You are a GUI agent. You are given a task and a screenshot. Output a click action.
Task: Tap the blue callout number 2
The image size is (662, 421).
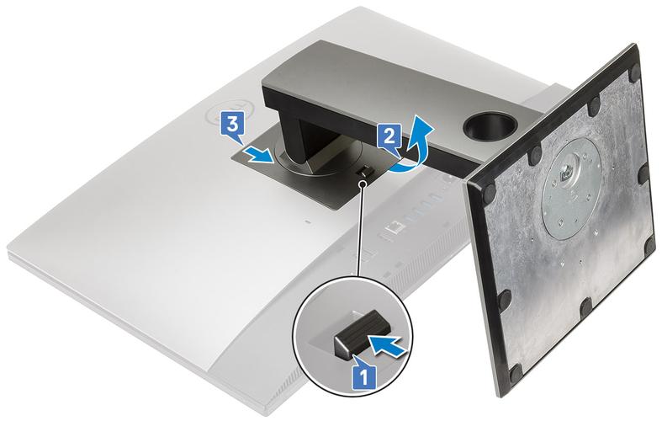(389, 136)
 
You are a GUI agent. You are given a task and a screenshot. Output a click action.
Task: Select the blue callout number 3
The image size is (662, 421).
(232, 125)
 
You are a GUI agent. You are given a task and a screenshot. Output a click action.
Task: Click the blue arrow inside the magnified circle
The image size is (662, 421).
(389, 342)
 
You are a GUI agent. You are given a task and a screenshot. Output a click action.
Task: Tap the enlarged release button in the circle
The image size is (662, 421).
(357, 332)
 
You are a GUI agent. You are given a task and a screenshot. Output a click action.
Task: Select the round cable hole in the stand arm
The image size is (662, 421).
(490, 125)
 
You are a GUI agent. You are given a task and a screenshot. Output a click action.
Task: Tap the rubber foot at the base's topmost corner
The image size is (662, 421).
(634, 73)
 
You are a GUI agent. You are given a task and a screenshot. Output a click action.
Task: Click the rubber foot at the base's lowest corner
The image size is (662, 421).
(516, 374)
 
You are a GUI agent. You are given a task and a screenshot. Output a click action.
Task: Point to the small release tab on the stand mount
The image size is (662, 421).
(363, 172)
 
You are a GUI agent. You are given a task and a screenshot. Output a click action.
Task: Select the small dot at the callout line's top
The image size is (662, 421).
(363, 184)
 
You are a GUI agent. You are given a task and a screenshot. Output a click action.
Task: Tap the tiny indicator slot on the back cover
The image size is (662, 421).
(307, 221)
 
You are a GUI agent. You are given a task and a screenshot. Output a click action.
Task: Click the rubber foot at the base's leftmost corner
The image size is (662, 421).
(490, 192)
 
